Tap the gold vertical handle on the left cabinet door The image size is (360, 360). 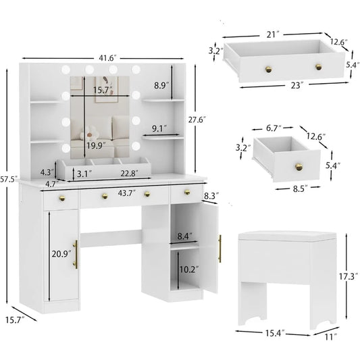click(x=76, y=253)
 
